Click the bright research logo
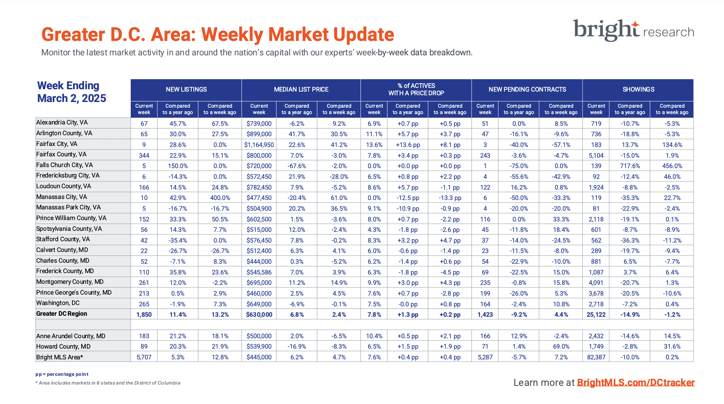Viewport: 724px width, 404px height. click(633, 30)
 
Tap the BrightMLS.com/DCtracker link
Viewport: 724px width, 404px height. click(636, 383)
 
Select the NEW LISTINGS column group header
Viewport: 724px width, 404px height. click(186, 90)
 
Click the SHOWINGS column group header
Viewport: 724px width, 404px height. click(638, 90)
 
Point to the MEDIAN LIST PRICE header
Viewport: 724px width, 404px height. click(301, 90)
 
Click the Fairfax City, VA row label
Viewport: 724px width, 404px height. click(57, 144)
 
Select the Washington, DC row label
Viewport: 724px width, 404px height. click(58, 303)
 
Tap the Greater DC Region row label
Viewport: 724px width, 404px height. click(62, 314)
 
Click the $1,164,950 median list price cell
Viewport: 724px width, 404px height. click(259, 145)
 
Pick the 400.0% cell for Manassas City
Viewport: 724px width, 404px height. click(220, 198)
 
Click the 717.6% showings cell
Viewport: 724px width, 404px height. click(630, 166)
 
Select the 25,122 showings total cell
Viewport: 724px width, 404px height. click(596, 315)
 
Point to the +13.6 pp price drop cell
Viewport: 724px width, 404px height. click(408, 145)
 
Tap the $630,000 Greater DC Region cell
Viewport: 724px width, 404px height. click(259, 315)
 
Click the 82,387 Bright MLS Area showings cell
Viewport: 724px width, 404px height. click(596, 357)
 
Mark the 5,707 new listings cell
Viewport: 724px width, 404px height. click(144, 357)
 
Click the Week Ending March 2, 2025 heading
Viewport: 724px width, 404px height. click(71, 92)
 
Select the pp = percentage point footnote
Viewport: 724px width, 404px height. click(62, 374)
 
